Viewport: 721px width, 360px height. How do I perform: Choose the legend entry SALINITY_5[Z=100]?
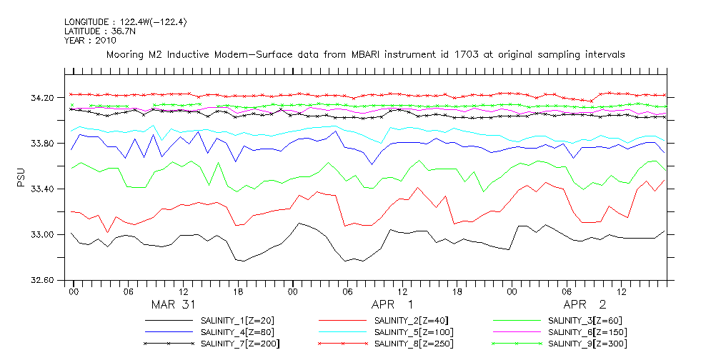tap(414, 332)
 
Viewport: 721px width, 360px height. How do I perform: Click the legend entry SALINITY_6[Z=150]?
tap(587, 332)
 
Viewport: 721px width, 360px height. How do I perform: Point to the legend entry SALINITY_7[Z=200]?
tap(242, 344)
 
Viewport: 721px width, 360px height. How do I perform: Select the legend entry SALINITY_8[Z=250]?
tap(414, 344)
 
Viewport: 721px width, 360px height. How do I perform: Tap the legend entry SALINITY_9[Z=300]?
tap(587, 344)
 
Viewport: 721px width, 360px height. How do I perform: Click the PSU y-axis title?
tap(21, 176)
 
